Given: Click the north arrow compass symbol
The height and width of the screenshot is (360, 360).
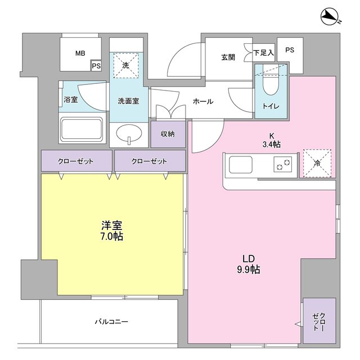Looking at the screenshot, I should click(x=331, y=17).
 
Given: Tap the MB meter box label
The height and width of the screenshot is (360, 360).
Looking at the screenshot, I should click(x=80, y=53).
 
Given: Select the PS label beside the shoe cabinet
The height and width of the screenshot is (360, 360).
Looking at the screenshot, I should click(x=290, y=50).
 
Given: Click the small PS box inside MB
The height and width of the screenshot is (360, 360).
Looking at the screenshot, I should click(x=96, y=66).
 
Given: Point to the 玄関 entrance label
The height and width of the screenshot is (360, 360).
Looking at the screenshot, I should click(x=228, y=57).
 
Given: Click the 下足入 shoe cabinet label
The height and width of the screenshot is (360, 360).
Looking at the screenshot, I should click(x=263, y=53).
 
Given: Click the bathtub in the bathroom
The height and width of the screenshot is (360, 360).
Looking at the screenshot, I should click(x=82, y=129).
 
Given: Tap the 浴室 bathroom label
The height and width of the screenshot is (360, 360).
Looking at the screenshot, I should click(x=70, y=100).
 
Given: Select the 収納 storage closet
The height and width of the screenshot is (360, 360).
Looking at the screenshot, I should click(x=168, y=134).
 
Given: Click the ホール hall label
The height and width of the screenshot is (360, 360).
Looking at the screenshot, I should click(x=202, y=102).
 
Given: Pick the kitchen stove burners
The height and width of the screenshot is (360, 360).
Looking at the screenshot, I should click(x=282, y=165).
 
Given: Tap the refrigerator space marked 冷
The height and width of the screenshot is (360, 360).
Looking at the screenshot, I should click(x=318, y=164).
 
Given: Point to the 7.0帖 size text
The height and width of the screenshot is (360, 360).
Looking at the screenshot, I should click(x=112, y=237).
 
